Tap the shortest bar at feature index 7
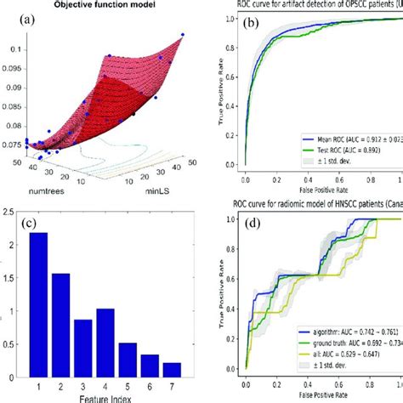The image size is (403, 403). point(172,367)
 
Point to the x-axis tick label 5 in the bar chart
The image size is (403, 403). point(127,383)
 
